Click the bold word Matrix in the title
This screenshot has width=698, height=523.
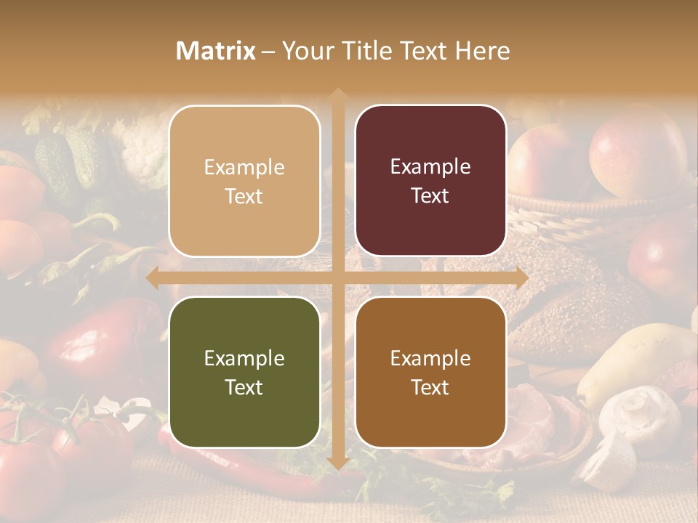[216, 51]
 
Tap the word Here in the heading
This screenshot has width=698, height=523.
[483, 51]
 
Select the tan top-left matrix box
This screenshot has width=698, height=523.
[244, 181]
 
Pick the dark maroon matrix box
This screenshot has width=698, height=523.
[430, 181]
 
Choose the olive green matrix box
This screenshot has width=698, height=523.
[244, 372]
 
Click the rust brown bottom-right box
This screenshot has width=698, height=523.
[430, 372]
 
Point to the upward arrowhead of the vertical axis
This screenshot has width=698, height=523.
[337, 95]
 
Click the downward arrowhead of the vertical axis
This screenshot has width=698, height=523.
[337, 463]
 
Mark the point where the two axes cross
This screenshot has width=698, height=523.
[337, 278]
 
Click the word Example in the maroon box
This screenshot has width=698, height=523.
[430, 166]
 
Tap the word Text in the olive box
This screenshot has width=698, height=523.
[244, 387]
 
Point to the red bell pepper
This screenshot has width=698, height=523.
[109, 341]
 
